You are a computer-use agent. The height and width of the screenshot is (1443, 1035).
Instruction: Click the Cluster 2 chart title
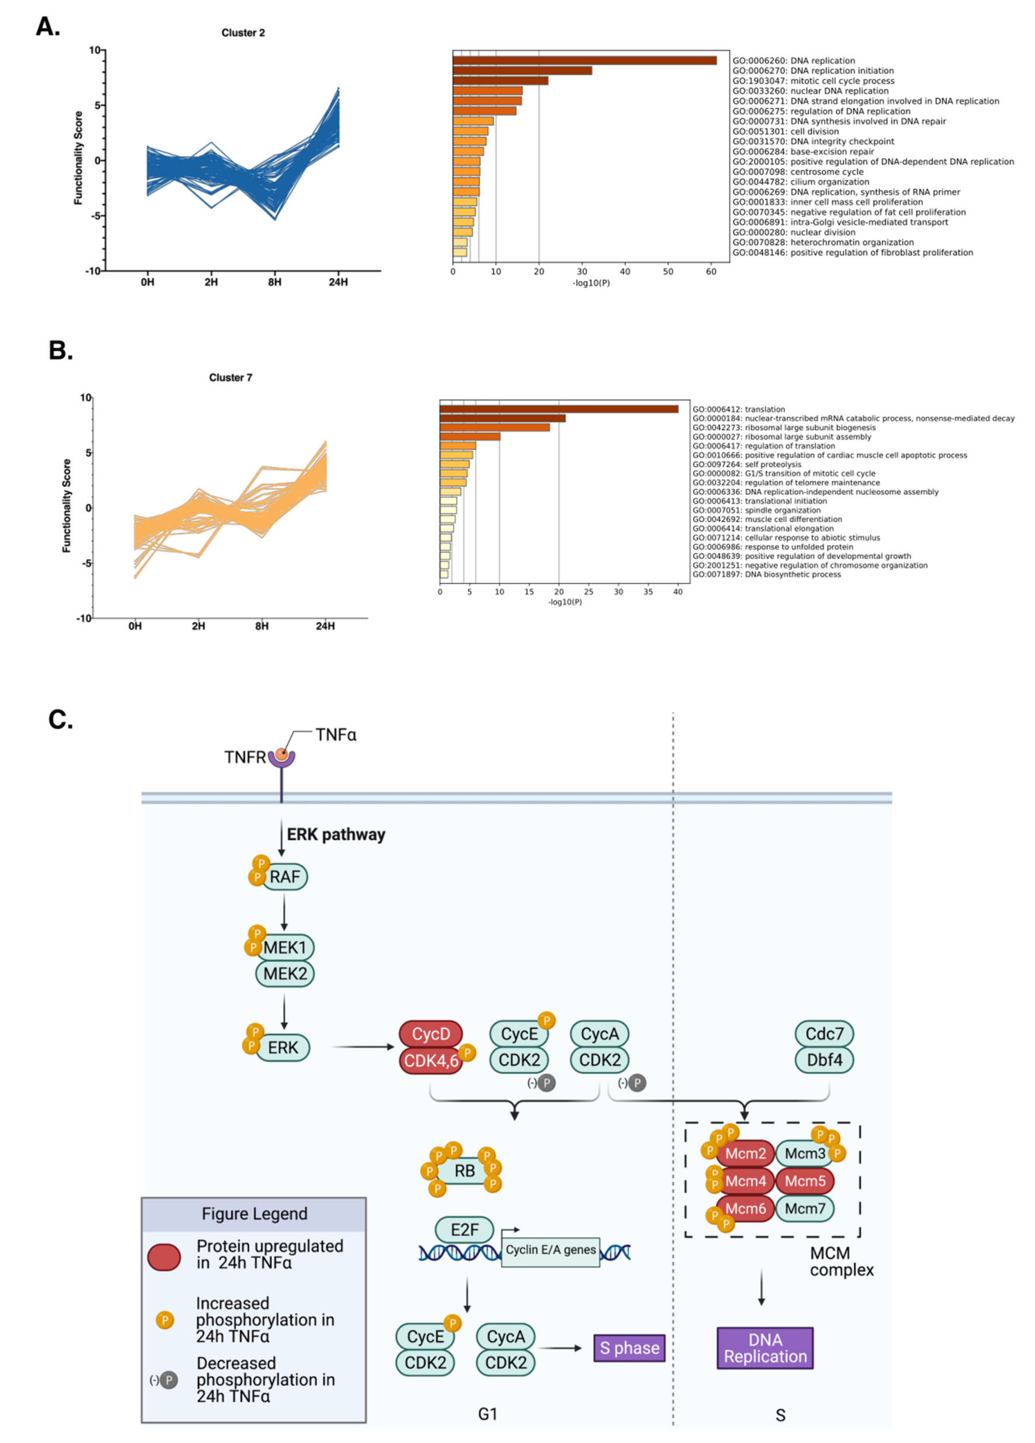[x=243, y=33]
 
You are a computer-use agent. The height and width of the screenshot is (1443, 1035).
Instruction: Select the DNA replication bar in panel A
[x=584, y=61]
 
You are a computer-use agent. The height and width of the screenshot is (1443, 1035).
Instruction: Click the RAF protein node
[x=284, y=877]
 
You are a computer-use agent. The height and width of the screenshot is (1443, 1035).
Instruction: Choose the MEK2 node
[x=285, y=974]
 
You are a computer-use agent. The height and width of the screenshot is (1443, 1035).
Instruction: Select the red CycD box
[x=431, y=1034]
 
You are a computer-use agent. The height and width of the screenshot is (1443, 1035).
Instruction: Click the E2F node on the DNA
[x=464, y=1230]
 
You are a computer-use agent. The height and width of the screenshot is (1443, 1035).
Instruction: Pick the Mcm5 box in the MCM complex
[x=805, y=1181]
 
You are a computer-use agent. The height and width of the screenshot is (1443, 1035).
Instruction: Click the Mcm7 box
[x=805, y=1208]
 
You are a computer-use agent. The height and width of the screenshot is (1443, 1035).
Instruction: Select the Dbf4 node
[x=824, y=1060]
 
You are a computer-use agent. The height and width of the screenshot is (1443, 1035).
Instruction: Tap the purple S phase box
[x=629, y=1348]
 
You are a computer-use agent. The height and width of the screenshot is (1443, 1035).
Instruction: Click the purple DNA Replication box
[x=765, y=1348]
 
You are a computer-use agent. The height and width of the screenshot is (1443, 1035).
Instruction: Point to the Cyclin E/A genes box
[x=550, y=1250]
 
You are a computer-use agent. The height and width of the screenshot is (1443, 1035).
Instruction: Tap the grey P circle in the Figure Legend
[x=168, y=1380]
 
